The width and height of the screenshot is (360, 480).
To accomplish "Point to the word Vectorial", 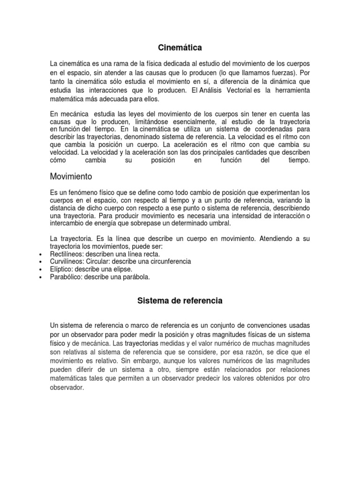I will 234,90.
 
